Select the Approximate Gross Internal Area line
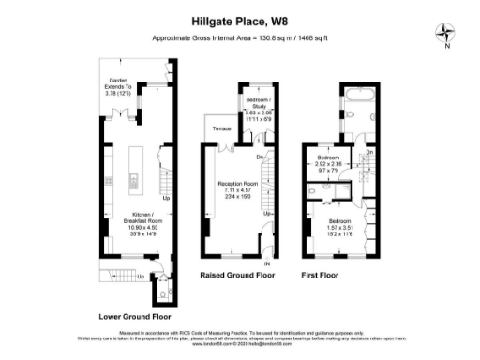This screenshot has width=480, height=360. pyautogui.click(x=240, y=37)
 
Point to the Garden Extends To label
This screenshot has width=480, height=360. pyautogui.click(x=119, y=87)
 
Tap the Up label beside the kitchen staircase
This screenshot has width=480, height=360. pyautogui.click(x=167, y=199)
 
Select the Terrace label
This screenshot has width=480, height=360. pyautogui.click(x=221, y=127)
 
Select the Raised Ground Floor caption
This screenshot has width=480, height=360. pyautogui.click(x=238, y=277)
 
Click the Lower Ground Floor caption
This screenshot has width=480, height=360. pyautogui.click(x=131, y=316)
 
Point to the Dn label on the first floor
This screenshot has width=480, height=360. pyautogui.click(x=369, y=152)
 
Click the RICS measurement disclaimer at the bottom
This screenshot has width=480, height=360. pyautogui.click(x=240, y=331)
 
